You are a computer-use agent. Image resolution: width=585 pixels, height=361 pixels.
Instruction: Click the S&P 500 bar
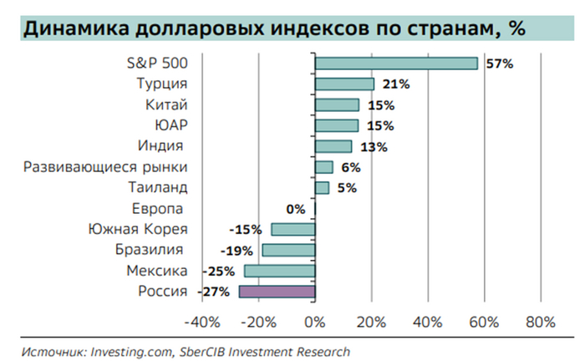(x=396, y=64)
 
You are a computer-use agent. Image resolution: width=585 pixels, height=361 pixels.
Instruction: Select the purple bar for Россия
(x=277, y=292)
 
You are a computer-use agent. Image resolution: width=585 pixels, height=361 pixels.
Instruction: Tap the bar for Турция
(x=344, y=84)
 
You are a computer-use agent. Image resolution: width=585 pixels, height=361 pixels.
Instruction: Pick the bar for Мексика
(x=279, y=271)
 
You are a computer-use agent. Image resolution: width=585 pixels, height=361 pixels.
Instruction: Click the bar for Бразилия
(x=288, y=250)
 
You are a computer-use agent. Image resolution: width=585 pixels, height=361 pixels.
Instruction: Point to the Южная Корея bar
(x=292, y=230)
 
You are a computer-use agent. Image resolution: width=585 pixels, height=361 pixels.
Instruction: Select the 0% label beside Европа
(x=295, y=209)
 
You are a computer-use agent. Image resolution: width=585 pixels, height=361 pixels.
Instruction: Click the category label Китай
(x=166, y=105)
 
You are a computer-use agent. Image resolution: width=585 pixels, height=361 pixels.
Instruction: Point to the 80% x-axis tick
(x=541, y=323)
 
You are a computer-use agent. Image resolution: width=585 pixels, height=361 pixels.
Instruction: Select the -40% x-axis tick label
(x=201, y=323)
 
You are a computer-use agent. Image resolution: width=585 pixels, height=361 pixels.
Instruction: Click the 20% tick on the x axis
(x=371, y=323)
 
